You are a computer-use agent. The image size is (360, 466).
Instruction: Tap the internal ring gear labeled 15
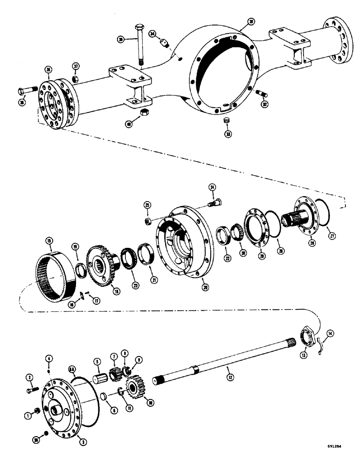coord(55,275)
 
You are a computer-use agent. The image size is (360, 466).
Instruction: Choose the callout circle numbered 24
coord(212,187)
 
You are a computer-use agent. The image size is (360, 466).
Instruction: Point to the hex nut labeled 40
coord(145,112)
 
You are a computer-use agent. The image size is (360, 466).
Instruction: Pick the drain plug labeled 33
coord(228,121)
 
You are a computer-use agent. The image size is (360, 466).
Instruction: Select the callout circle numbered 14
coord(330,333)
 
